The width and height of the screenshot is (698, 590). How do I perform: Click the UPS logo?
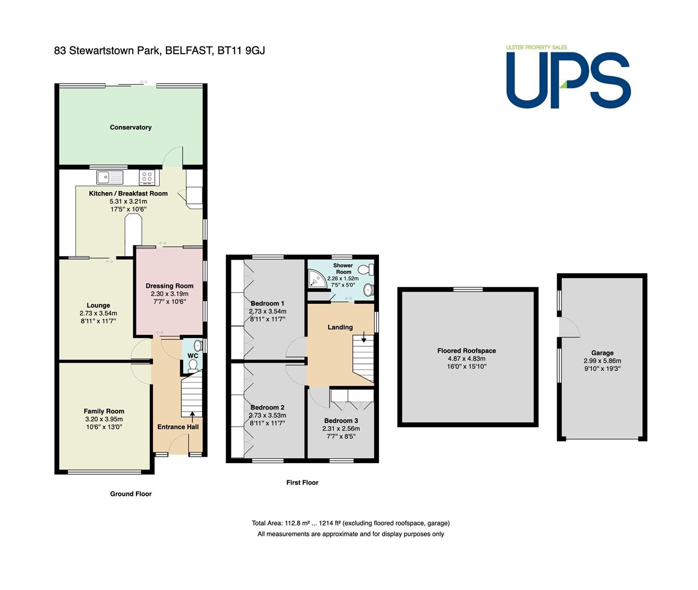click(569, 77)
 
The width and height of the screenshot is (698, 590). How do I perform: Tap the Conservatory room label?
click(131, 127)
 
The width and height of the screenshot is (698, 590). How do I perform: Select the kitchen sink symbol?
click(110, 177)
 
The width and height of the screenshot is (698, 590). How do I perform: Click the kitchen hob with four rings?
click(147, 177)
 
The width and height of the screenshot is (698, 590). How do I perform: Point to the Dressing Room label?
click(169, 286)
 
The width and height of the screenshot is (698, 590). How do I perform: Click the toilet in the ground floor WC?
click(193, 365)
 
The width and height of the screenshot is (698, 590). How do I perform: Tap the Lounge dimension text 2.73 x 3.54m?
click(98, 314)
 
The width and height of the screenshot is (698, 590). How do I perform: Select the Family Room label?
click(104, 411)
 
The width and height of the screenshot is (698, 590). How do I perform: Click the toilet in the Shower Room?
click(366, 269)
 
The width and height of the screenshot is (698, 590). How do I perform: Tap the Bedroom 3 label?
click(341, 421)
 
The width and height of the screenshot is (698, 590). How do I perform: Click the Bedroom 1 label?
click(268, 303)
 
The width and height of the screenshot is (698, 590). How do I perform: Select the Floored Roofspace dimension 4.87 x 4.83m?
click(466, 358)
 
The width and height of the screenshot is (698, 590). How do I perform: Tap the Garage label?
click(602, 353)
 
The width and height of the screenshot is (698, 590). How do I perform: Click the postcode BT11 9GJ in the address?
click(241, 50)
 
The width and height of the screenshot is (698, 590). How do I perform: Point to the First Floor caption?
click(302, 482)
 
